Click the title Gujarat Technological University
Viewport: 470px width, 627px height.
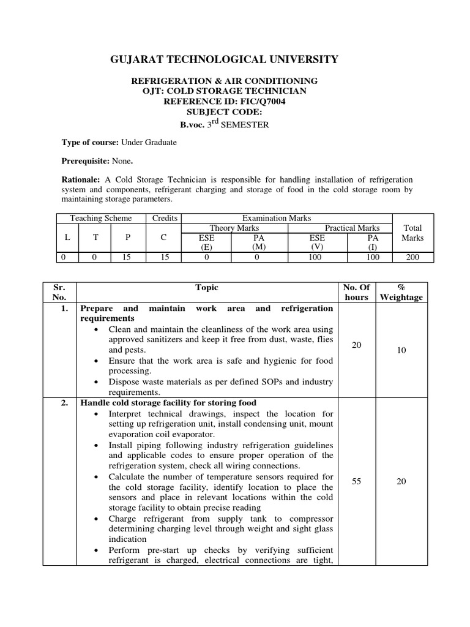click(223, 59)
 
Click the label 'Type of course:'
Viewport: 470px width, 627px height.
click(91, 143)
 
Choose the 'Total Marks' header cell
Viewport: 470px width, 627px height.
click(413, 233)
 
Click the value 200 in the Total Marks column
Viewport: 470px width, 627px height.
click(413, 257)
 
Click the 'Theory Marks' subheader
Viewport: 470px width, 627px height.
click(232, 228)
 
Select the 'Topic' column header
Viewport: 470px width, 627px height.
click(206, 287)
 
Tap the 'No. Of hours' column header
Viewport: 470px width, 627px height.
click(357, 292)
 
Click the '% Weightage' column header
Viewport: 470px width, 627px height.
click(401, 292)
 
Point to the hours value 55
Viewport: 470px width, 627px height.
click(357, 481)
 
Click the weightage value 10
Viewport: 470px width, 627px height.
click(401, 350)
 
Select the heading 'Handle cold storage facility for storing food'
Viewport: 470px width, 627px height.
click(168, 402)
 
